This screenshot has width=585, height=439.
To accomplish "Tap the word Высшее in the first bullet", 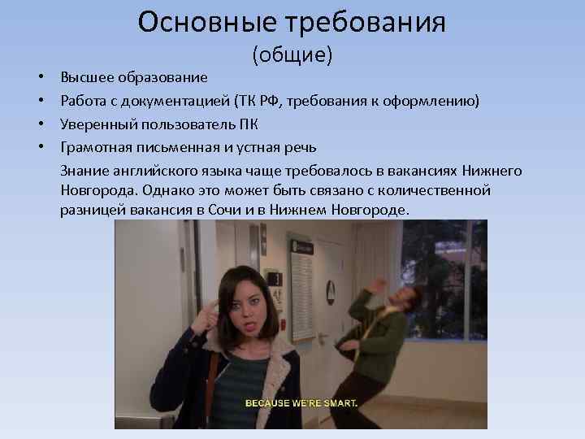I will click(x=85, y=77).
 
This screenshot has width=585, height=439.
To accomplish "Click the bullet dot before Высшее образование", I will click(x=40, y=77).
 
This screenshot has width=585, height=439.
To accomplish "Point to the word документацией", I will click(x=182, y=101).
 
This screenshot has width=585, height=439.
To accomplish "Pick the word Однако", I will click(x=168, y=190).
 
